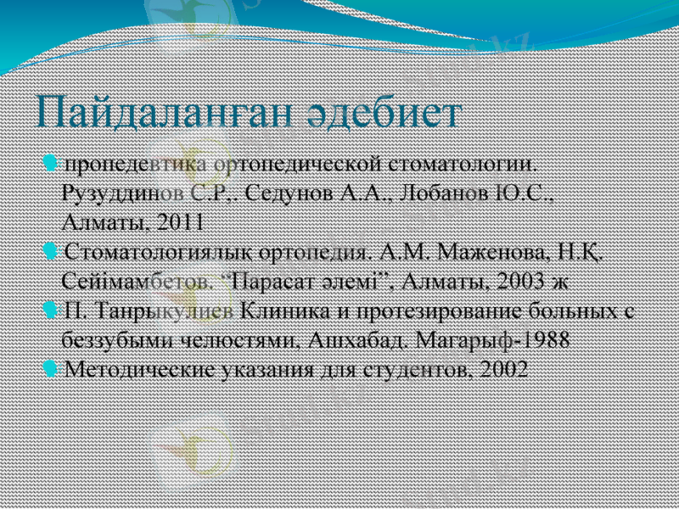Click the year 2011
click(x=180, y=223)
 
